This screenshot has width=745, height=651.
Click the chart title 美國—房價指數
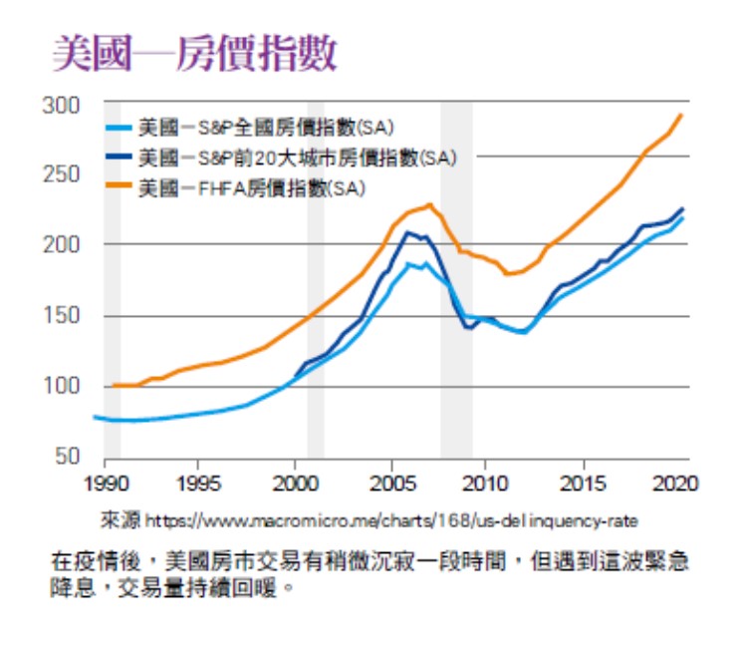(x=193, y=52)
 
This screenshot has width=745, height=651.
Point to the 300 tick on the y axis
(x=61, y=104)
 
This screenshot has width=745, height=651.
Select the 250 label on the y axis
(x=61, y=174)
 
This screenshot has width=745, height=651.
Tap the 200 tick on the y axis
(x=61, y=245)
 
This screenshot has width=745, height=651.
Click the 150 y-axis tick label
(x=61, y=316)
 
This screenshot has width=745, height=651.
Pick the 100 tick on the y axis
(x=61, y=387)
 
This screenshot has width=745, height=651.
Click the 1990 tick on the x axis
(x=103, y=482)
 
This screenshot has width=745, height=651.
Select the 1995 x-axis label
(x=198, y=482)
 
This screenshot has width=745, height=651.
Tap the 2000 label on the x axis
(x=294, y=482)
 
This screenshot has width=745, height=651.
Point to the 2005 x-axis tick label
(x=391, y=482)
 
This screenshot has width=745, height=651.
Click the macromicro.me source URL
(x=389, y=520)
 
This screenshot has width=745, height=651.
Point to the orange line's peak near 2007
(x=429, y=204)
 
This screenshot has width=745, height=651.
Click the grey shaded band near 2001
(x=316, y=299)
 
